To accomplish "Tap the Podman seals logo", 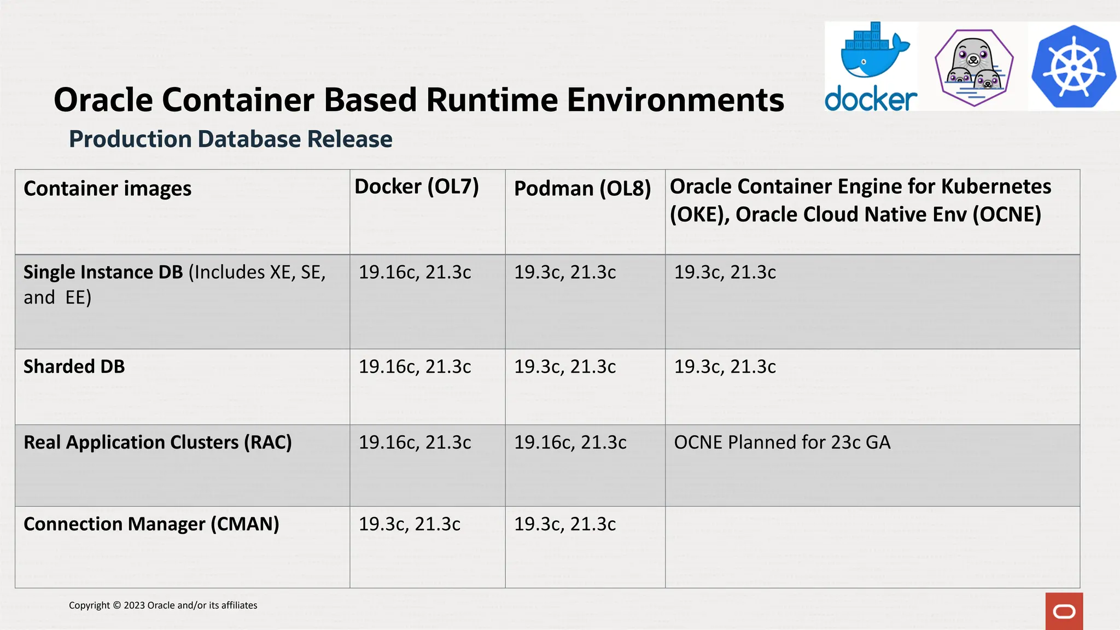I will [x=974, y=67].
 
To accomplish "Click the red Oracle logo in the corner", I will [x=1064, y=611].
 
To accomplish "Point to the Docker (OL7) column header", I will [x=416, y=187].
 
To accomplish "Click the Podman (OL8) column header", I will [x=582, y=189].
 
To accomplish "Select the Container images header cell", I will [x=107, y=189].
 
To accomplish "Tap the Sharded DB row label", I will [x=74, y=366].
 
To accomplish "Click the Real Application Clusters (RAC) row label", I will [x=157, y=442].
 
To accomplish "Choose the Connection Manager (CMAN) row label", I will [x=151, y=524].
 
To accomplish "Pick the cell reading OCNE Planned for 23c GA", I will [x=782, y=442].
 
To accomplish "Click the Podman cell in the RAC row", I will [x=570, y=442].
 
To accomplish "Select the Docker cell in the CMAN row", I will [x=409, y=524].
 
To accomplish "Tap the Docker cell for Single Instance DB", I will [x=415, y=272].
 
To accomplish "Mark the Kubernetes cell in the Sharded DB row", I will [x=725, y=366].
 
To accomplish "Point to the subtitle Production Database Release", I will [x=230, y=139].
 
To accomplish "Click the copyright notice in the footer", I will [x=163, y=605].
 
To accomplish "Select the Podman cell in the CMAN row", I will [x=564, y=524].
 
